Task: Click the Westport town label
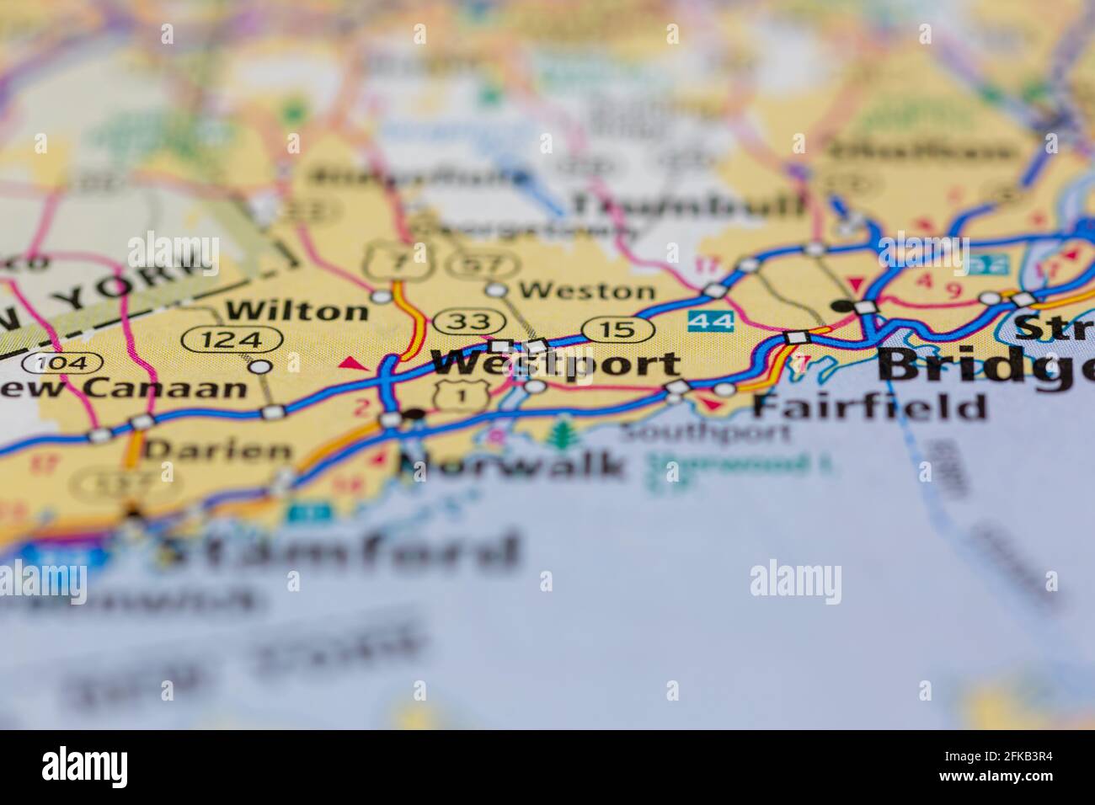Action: pyautogui.click(x=556, y=363)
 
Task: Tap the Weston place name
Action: pyautogui.click(x=586, y=291)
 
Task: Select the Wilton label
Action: pyautogui.click(x=297, y=311)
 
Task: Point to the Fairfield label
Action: pyautogui.click(x=868, y=406)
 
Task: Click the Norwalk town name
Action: pyautogui.click(x=513, y=464)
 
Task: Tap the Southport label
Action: pyautogui.click(x=706, y=434)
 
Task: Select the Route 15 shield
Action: pyautogui.click(x=618, y=329)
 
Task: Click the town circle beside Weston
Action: pyautogui.click(x=497, y=291)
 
